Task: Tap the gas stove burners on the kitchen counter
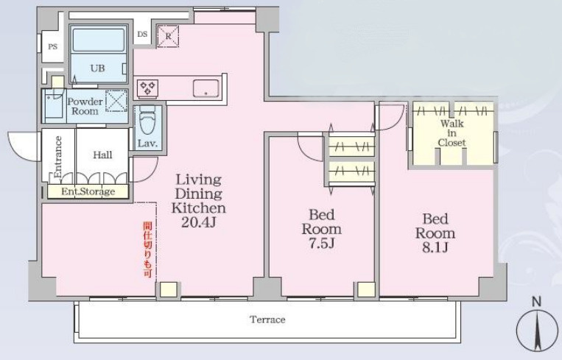tap(147, 88)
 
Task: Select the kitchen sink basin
tap(206, 88)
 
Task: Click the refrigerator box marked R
tap(168, 36)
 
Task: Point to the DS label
tap(142, 35)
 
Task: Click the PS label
tap(53, 46)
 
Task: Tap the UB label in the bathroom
tap(97, 68)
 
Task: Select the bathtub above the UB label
tap(98, 40)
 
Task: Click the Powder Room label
tap(85, 106)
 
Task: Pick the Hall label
tap(102, 155)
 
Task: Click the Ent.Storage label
tap(88, 191)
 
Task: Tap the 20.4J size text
tap(199, 222)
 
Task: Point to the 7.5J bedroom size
tap(321, 244)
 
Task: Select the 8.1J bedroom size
tap(435, 247)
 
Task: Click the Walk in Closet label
tap(452, 133)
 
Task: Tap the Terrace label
tap(267, 320)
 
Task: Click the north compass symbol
tap(536, 329)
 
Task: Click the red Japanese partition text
tap(147, 250)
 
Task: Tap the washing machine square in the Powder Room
tap(116, 101)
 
